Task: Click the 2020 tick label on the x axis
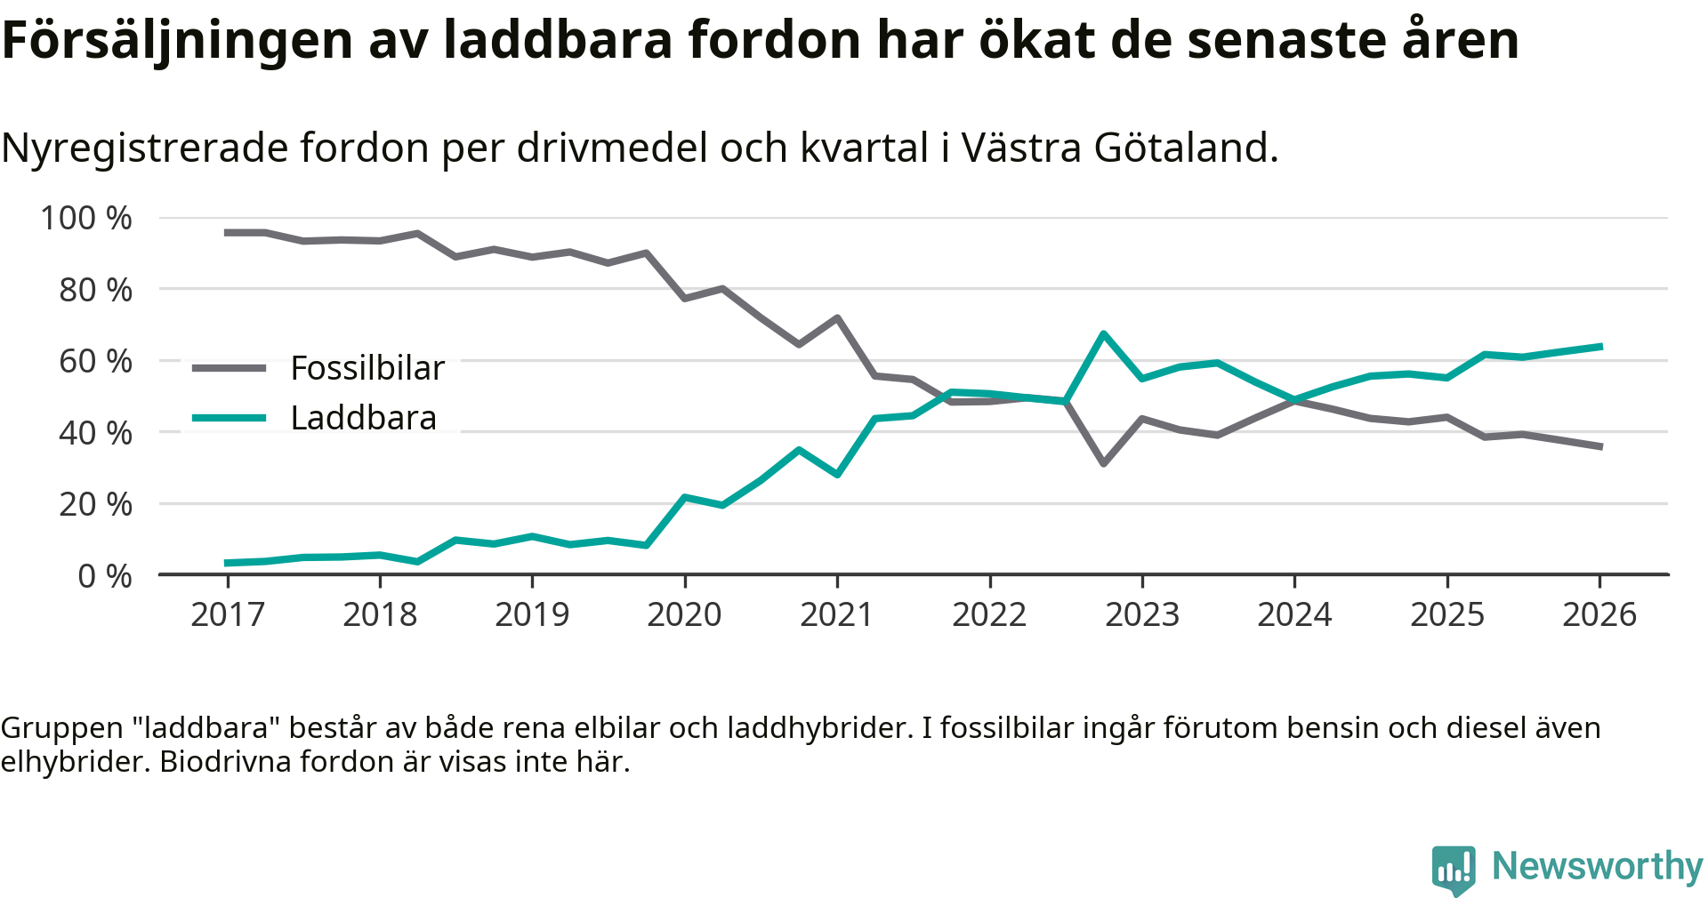pyautogui.click(x=684, y=614)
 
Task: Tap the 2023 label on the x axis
pyautogui.click(x=1142, y=614)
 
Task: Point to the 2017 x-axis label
pyautogui.click(x=228, y=614)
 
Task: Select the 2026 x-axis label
pyautogui.click(x=1599, y=614)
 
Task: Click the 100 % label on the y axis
pyautogui.click(x=86, y=218)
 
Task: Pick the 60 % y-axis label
pyautogui.click(x=95, y=361)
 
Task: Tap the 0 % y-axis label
pyautogui.click(x=105, y=576)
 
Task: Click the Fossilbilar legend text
pyautogui.click(x=367, y=368)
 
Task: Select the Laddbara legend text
pyautogui.click(x=364, y=418)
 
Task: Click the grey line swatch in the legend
pyautogui.click(x=230, y=368)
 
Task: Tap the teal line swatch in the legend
pyautogui.click(x=230, y=418)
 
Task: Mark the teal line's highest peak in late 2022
pyautogui.click(x=1104, y=333)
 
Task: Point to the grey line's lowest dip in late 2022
pyautogui.click(x=1104, y=463)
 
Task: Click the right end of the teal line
pyautogui.click(x=1600, y=346)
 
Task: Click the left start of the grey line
pyautogui.click(x=228, y=233)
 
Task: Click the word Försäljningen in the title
pyautogui.click(x=178, y=40)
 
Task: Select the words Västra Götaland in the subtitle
pyautogui.click(x=1119, y=148)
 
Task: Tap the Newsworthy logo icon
pyautogui.click(x=1454, y=869)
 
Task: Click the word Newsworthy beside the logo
pyautogui.click(x=1597, y=866)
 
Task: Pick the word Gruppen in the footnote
pyautogui.click(x=61, y=728)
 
